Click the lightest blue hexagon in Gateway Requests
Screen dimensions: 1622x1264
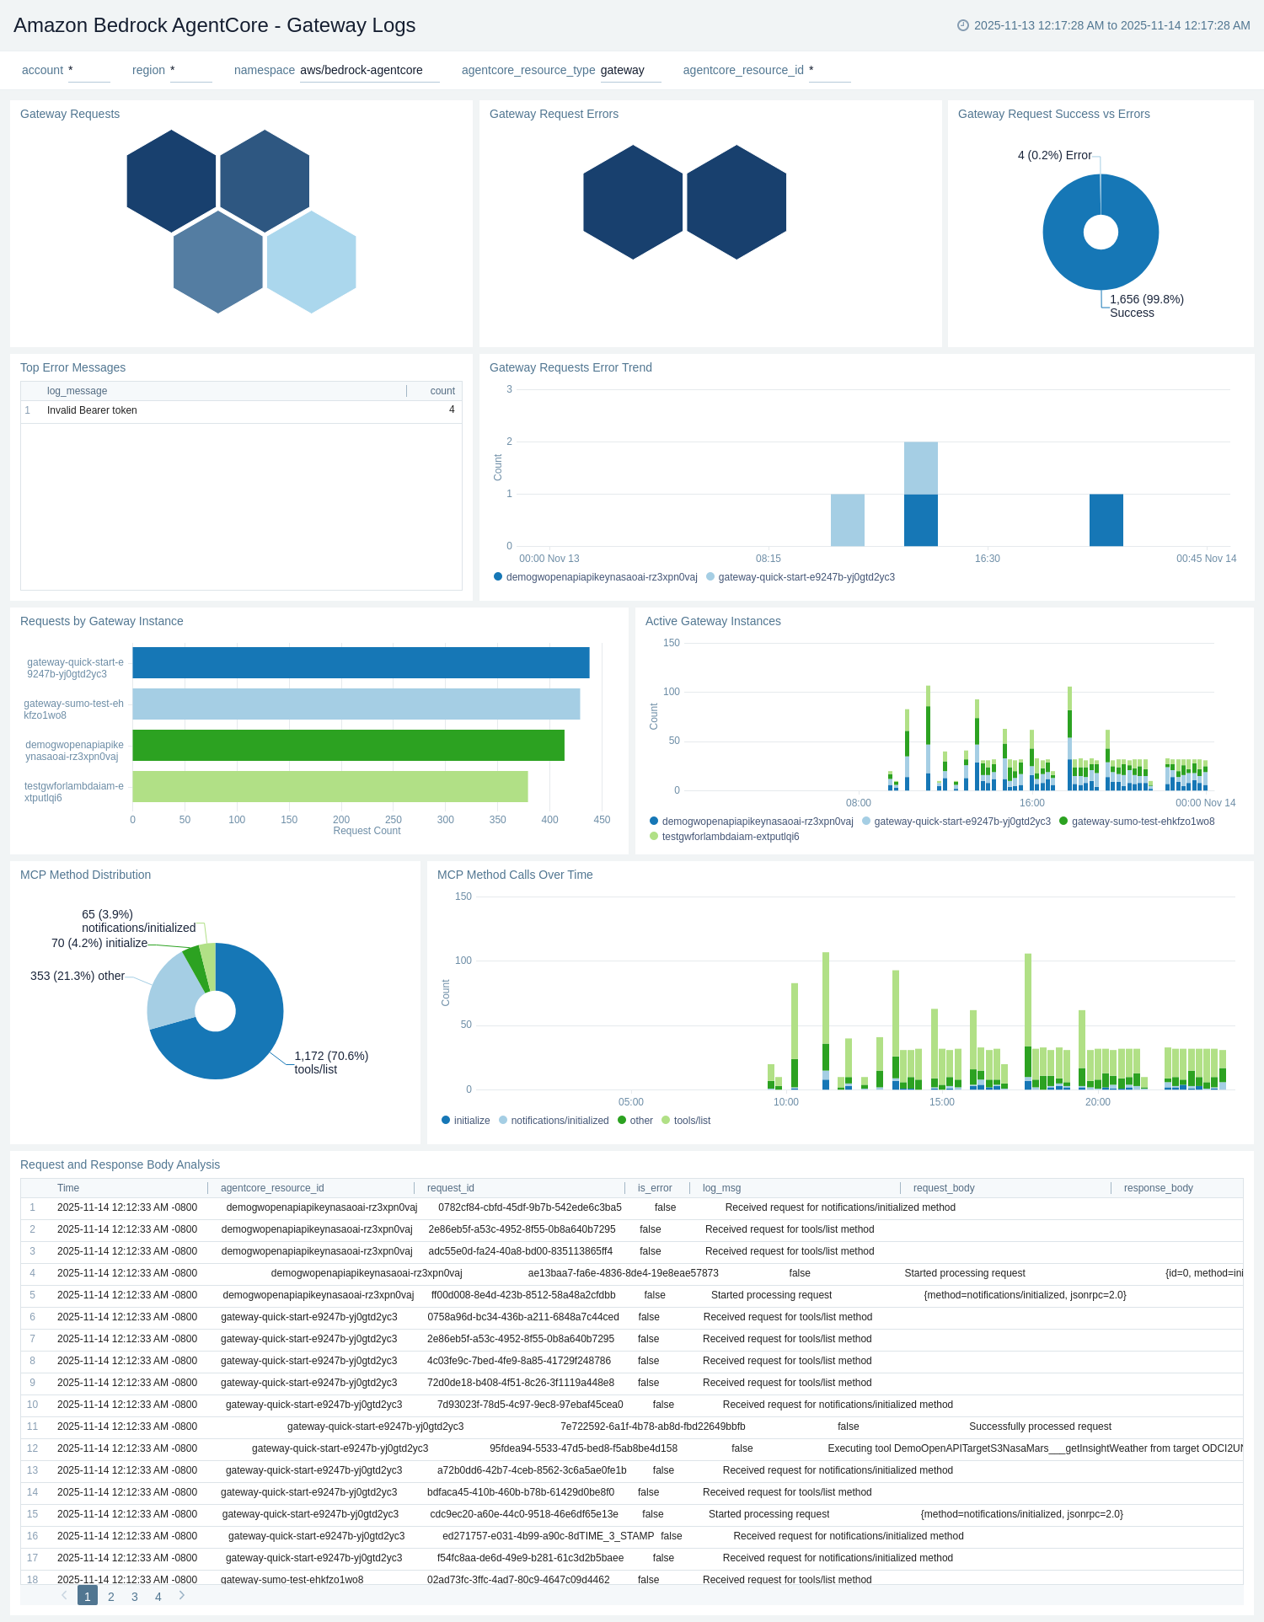(x=311, y=262)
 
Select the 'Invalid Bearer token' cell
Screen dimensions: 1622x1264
(x=92, y=410)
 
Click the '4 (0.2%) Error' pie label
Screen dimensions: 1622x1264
(x=1054, y=155)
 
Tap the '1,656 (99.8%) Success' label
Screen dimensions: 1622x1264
(x=1146, y=306)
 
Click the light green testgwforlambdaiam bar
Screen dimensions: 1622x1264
(x=329, y=786)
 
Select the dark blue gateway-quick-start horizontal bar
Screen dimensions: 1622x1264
(x=361, y=662)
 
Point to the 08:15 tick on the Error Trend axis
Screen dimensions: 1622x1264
(x=768, y=559)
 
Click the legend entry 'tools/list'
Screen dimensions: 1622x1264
(x=691, y=1121)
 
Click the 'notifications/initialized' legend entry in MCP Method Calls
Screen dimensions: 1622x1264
(x=559, y=1121)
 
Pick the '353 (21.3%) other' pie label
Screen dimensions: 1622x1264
(x=78, y=976)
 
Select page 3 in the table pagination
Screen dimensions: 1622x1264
(x=134, y=1597)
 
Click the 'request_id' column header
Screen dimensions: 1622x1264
(x=450, y=1188)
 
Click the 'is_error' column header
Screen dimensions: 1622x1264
(x=654, y=1188)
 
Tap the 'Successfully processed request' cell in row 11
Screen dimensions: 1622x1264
(x=1040, y=1427)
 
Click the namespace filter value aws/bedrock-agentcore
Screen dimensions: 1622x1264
(x=362, y=70)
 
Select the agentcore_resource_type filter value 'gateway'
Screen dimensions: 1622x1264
(x=622, y=70)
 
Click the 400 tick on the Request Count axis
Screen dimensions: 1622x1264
(x=549, y=819)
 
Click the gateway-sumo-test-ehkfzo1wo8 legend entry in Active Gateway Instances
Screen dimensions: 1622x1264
(x=1142, y=822)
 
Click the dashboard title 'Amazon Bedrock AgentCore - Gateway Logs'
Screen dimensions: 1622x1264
(x=215, y=25)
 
